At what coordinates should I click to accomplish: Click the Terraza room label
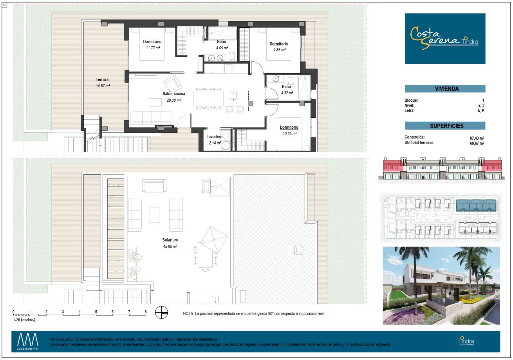pyautogui.click(x=102, y=80)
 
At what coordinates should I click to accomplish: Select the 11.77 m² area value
pyautogui.click(x=153, y=48)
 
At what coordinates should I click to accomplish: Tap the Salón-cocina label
pyautogui.click(x=173, y=94)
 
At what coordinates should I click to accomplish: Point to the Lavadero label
pyautogui.click(x=214, y=137)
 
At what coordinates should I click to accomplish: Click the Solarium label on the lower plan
pyautogui.click(x=170, y=240)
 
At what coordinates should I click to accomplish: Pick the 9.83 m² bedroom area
pyautogui.click(x=279, y=50)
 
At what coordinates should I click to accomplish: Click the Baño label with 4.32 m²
pyautogui.click(x=286, y=86)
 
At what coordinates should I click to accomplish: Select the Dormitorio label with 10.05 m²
pyautogui.click(x=289, y=127)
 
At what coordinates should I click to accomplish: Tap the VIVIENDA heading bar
pyautogui.click(x=445, y=88)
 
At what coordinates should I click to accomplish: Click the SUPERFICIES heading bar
pyautogui.click(x=445, y=126)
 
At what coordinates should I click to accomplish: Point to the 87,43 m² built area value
pyautogui.click(x=477, y=138)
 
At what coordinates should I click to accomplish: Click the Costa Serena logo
pyautogui.click(x=445, y=38)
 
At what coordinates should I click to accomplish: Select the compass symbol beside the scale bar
pyautogui.click(x=161, y=312)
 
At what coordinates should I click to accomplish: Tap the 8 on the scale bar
pyautogui.click(x=146, y=311)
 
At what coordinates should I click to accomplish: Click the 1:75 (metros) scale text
pyautogui.click(x=24, y=319)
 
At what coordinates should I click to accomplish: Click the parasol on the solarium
pyautogui.click(x=214, y=239)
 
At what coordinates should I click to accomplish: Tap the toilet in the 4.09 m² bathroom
pyautogui.click(x=232, y=56)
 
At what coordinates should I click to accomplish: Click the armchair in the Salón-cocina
pyautogui.click(x=173, y=84)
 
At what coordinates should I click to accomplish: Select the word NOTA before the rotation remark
pyautogui.click(x=188, y=313)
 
